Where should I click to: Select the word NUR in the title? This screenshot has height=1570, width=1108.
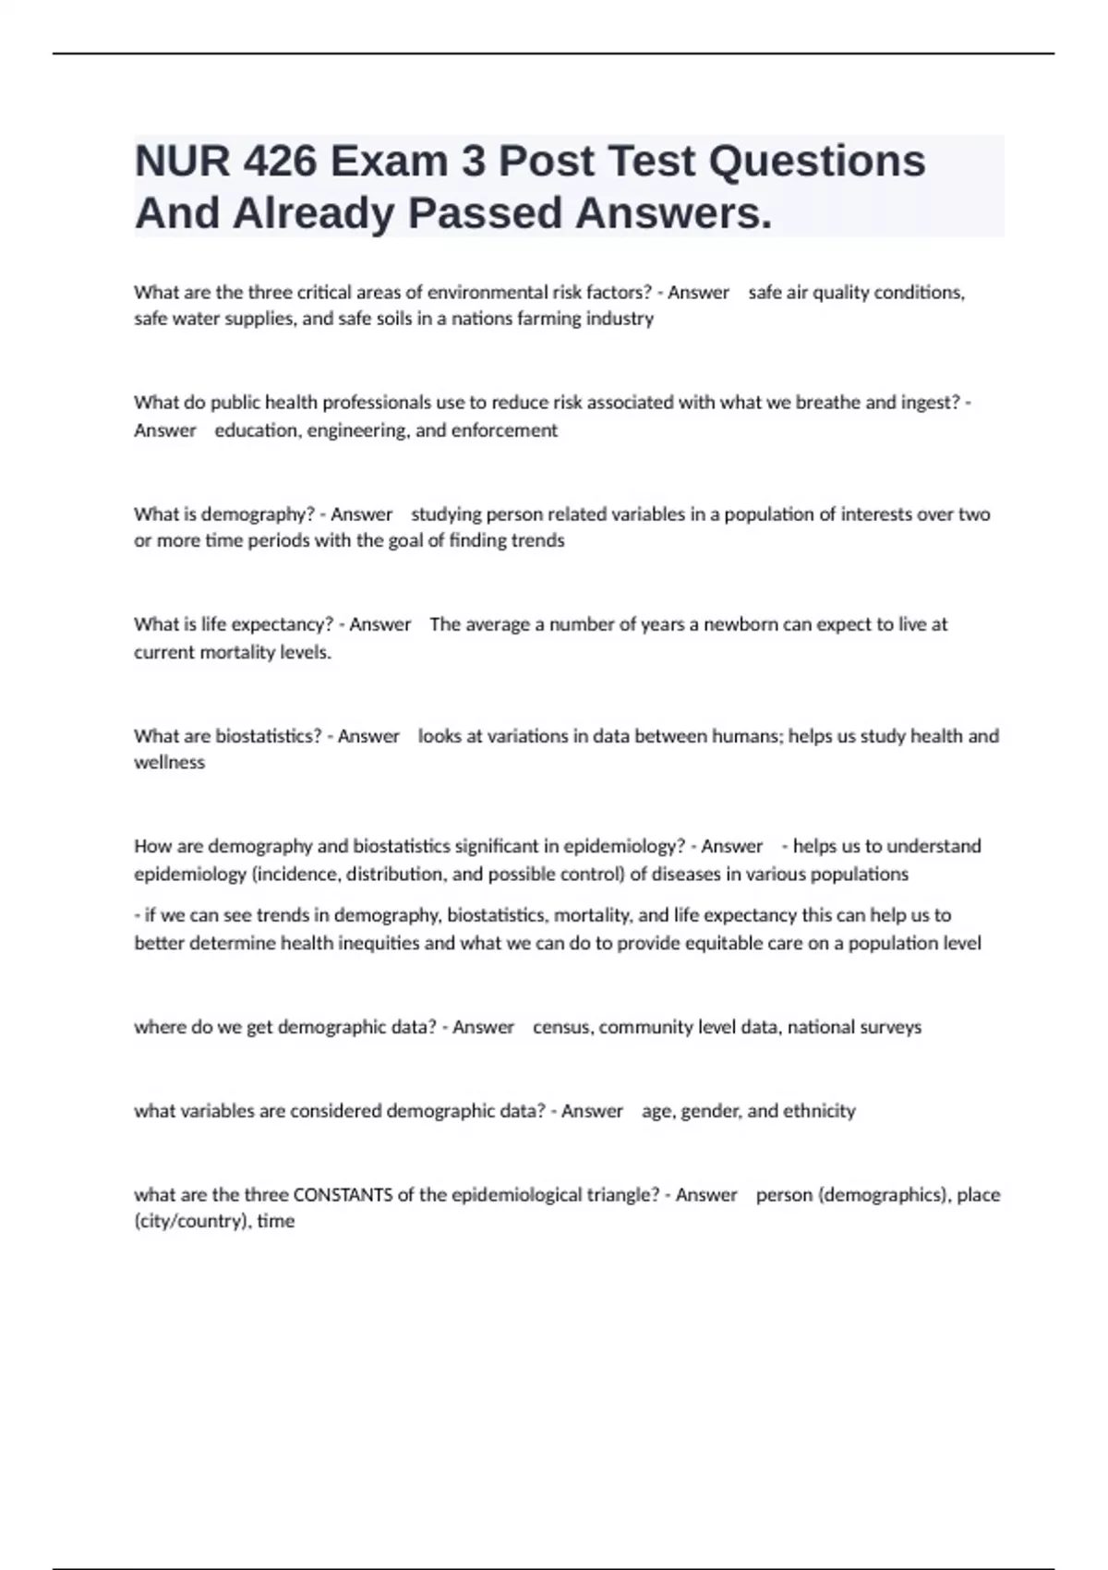[x=182, y=162]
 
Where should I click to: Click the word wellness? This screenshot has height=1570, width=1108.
[x=169, y=763]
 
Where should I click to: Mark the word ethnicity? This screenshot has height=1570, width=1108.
[x=819, y=1111]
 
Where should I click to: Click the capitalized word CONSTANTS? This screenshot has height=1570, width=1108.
[x=343, y=1195]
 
